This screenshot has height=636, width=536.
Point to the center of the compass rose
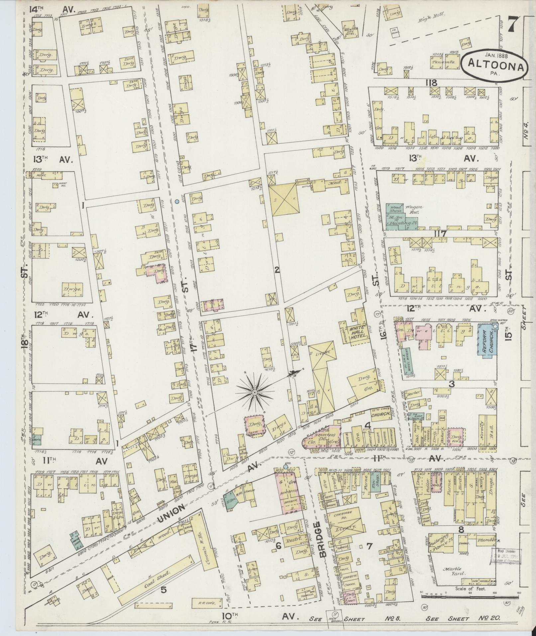(255, 393)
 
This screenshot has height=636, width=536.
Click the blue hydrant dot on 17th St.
(177, 201)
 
